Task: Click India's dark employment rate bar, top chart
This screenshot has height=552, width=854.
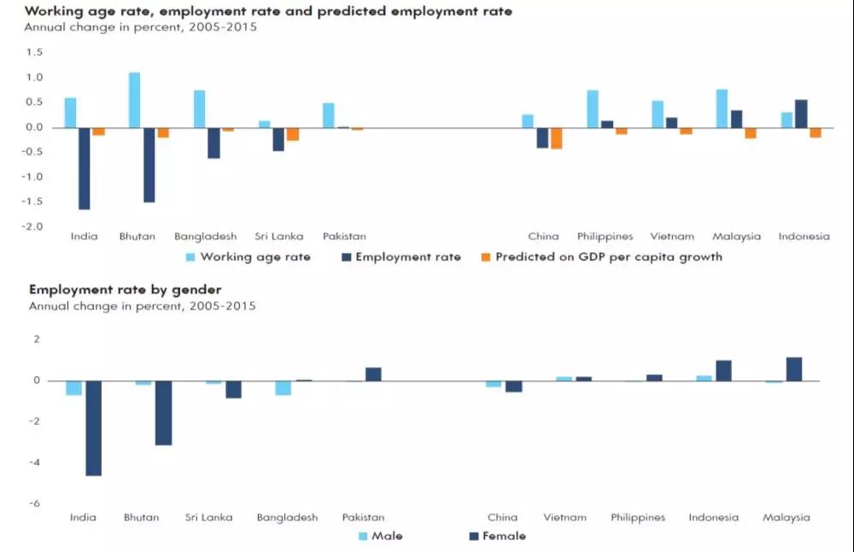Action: [85, 168]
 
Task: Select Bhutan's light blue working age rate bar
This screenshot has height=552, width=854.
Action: [135, 100]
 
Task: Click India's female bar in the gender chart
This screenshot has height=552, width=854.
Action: [93, 428]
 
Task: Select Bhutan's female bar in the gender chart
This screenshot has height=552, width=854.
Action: [163, 413]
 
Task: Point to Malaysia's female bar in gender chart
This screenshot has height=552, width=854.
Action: [794, 369]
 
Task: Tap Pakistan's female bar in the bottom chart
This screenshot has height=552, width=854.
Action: [373, 374]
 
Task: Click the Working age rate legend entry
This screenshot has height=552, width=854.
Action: [249, 256]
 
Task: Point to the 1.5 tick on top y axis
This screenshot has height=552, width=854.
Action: [34, 52]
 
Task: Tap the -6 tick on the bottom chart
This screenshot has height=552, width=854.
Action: [35, 503]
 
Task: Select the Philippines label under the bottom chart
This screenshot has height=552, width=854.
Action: [638, 517]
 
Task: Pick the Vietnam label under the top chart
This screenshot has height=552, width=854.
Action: [672, 237]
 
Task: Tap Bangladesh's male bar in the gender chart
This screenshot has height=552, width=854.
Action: [283, 388]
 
